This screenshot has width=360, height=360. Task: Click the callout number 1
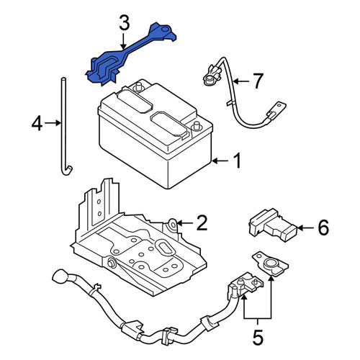[237, 161]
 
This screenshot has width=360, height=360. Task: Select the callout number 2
[202, 223]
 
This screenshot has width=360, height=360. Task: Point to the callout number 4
[37, 124]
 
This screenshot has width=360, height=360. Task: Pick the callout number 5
[258, 337]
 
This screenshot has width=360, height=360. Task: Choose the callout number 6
[323, 228]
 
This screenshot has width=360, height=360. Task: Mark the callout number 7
[258, 81]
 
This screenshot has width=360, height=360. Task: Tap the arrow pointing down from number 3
[123, 41]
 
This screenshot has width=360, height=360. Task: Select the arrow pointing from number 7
[241, 81]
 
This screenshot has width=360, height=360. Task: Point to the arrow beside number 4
[53, 123]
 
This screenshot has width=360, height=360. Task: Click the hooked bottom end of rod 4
[66, 170]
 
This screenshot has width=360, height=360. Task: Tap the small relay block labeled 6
[273, 225]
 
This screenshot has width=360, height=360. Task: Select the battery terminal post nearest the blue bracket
[138, 86]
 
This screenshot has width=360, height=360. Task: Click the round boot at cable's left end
[59, 276]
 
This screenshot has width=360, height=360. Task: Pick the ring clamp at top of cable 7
[209, 79]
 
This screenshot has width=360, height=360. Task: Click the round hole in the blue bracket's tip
[164, 30]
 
